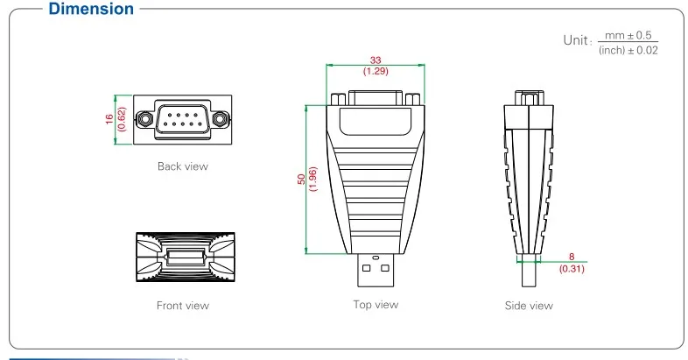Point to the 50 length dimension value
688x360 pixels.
pyautogui.click(x=301, y=179)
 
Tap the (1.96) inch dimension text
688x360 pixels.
pyautogui.click(x=312, y=179)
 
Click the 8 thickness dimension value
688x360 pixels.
pyautogui.click(x=571, y=258)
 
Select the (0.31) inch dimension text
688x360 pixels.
pyautogui.click(x=571, y=268)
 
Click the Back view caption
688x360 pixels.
pyautogui.click(x=182, y=166)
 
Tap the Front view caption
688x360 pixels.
pyautogui.click(x=182, y=306)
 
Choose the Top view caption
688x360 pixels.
pyautogui.click(x=376, y=304)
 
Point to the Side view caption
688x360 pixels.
pyautogui.click(x=529, y=306)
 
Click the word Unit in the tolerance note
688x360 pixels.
pyautogui.click(x=576, y=39)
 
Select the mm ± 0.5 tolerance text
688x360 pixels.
pyautogui.click(x=628, y=35)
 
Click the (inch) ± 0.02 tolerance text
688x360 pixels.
pyautogui.click(x=628, y=50)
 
